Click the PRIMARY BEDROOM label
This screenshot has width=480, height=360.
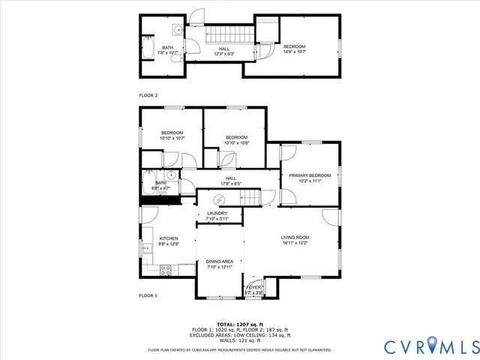(x=310, y=175)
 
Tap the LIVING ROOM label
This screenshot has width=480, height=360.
(x=295, y=238)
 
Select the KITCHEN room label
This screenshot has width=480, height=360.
(x=168, y=238)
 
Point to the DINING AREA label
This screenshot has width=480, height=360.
(x=220, y=261)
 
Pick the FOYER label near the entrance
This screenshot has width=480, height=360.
(x=254, y=286)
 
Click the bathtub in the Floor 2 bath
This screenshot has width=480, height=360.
(x=148, y=50)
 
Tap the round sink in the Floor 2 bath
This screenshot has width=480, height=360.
(x=175, y=31)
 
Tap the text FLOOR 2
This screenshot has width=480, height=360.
(x=148, y=95)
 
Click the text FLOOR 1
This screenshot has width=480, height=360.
(x=148, y=296)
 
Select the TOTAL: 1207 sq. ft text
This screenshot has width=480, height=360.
(x=237, y=324)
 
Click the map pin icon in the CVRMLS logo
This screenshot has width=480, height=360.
(x=431, y=346)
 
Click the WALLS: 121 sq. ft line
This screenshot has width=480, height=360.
(x=237, y=340)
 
